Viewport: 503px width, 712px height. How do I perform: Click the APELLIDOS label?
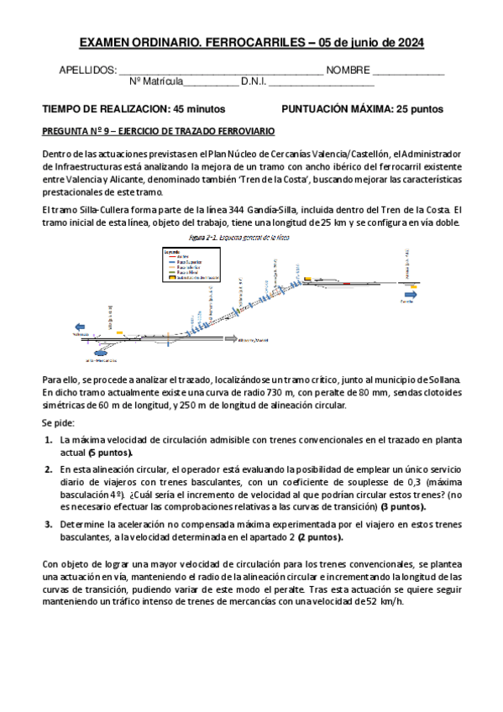(x=87, y=71)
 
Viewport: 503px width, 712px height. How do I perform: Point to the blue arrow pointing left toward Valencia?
(x=81, y=327)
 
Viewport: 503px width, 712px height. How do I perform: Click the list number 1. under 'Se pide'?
(x=48, y=439)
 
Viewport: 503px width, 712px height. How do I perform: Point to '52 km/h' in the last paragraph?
(x=384, y=602)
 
